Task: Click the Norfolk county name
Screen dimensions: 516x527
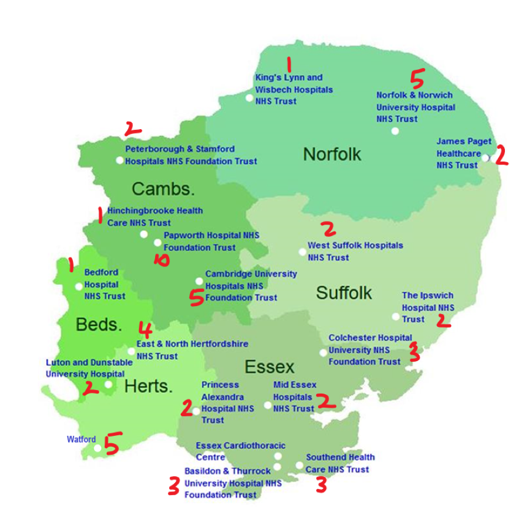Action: coord(332,154)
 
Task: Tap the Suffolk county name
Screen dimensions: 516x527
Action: coord(344,293)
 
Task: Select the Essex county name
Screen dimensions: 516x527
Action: coord(270,367)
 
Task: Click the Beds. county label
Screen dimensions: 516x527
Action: coord(99,324)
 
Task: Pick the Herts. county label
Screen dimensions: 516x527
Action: coord(148,386)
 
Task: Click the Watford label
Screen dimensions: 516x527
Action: coord(81,439)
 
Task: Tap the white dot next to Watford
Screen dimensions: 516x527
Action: coord(97,448)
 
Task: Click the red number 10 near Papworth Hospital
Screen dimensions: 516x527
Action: coord(161,260)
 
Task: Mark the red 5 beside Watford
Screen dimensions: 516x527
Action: coord(112,443)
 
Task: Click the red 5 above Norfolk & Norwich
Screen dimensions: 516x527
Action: coord(417,78)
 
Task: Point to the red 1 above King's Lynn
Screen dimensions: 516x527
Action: coord(289,63)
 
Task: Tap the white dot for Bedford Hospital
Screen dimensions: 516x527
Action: coord(78,286)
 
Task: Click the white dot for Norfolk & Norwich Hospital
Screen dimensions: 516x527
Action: coord(395,131)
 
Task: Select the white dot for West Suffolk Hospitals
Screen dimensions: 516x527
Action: coord(302,252)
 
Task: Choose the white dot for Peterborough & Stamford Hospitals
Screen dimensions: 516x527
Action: coord(119,160)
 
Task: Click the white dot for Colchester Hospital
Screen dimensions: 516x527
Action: coord(323,352)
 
